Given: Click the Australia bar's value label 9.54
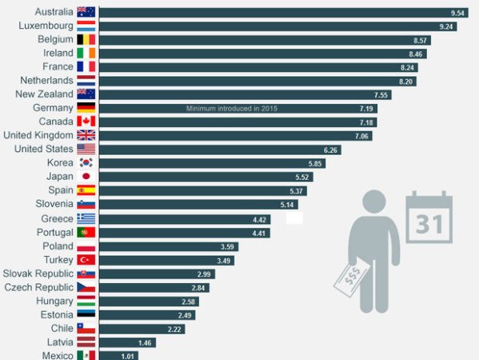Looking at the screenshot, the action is (x=457, y=13).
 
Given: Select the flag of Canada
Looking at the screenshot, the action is (x=86, y=122).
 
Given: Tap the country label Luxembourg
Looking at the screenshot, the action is (x=46, y=26).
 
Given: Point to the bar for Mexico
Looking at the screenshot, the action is (x=118, y=356).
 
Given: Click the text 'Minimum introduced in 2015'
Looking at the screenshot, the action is (x=232, y=109).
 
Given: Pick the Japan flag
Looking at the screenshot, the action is (x=86, y=176).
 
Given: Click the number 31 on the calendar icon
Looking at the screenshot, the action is (x=429, y=224).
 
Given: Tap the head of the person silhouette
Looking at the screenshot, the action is (x=374, y=202).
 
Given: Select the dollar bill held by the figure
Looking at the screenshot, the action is (x=351, y=278).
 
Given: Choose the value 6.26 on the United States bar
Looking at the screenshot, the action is (x=330, y=150).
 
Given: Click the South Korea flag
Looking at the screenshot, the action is (x=86, y=162).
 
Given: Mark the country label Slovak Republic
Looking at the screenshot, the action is (x=38, y=274).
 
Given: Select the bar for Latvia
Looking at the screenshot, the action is (x=127, y=342).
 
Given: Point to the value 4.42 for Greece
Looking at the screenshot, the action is (x=259, y=220).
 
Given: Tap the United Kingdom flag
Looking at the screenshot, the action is (x=86, y=135).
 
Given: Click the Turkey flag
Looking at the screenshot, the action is (x=86, y=260).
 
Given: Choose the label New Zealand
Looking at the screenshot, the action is (x=44, y=94).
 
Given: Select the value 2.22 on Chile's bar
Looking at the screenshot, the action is (x=174, y=330).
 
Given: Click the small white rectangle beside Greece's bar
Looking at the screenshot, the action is (x=294, y=218).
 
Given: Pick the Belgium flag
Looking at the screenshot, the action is (x=86, y=39).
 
